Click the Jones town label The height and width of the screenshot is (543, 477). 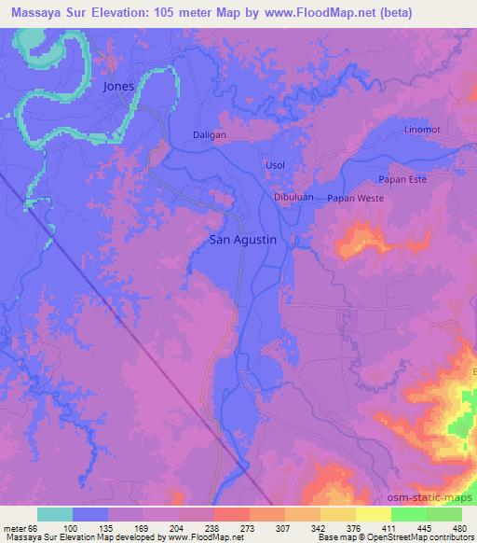point(118,86)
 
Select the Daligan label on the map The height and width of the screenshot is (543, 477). point(210,135)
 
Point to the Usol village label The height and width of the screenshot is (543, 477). point(276,165)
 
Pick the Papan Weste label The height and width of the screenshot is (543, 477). point(356,198)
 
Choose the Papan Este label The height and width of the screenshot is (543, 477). point(403,179)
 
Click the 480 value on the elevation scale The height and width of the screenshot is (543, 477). point(460,527)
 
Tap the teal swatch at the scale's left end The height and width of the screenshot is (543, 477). point(55,514)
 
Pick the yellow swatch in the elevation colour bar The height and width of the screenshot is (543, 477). point(373,514)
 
